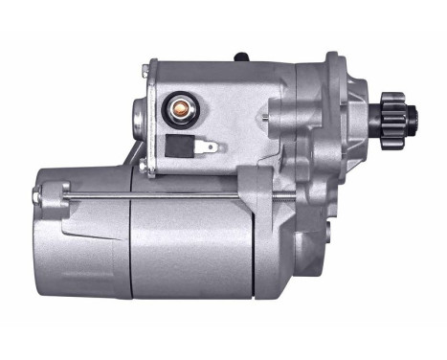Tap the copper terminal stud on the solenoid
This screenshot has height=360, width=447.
[x=177, y=107]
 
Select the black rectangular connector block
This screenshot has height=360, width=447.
[x=179, y=146]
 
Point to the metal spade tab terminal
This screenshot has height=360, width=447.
[x=208, y=148]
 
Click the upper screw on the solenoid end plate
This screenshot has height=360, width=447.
[x=145, y=69]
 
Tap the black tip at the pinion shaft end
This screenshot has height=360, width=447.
[x=415, y=117]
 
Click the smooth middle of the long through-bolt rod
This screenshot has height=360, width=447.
[x=163, y=197]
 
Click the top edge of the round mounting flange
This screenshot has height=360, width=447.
[x=332, y=55]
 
